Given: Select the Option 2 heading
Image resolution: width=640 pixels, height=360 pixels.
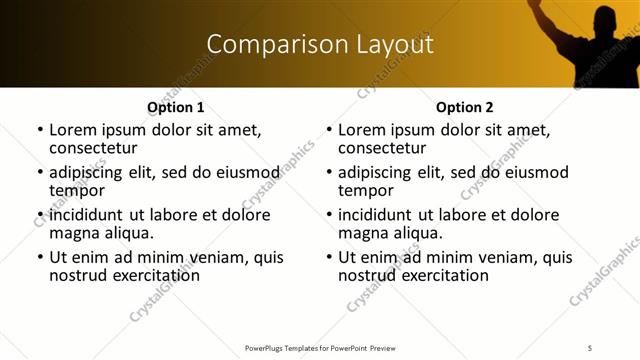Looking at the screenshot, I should click(x=464, y=107).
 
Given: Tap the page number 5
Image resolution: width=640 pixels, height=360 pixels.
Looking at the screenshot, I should click(x=590, y=347).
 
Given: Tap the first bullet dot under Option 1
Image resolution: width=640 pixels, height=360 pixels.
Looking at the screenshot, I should click(x=40, y=130).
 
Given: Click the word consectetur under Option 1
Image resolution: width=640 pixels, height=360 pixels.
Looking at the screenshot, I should click(x=93, y=147).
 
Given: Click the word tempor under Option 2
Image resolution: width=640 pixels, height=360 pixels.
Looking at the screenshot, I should click(x=361, y=190).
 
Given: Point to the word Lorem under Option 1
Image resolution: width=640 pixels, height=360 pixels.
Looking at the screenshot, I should click(x=71, y=129).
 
